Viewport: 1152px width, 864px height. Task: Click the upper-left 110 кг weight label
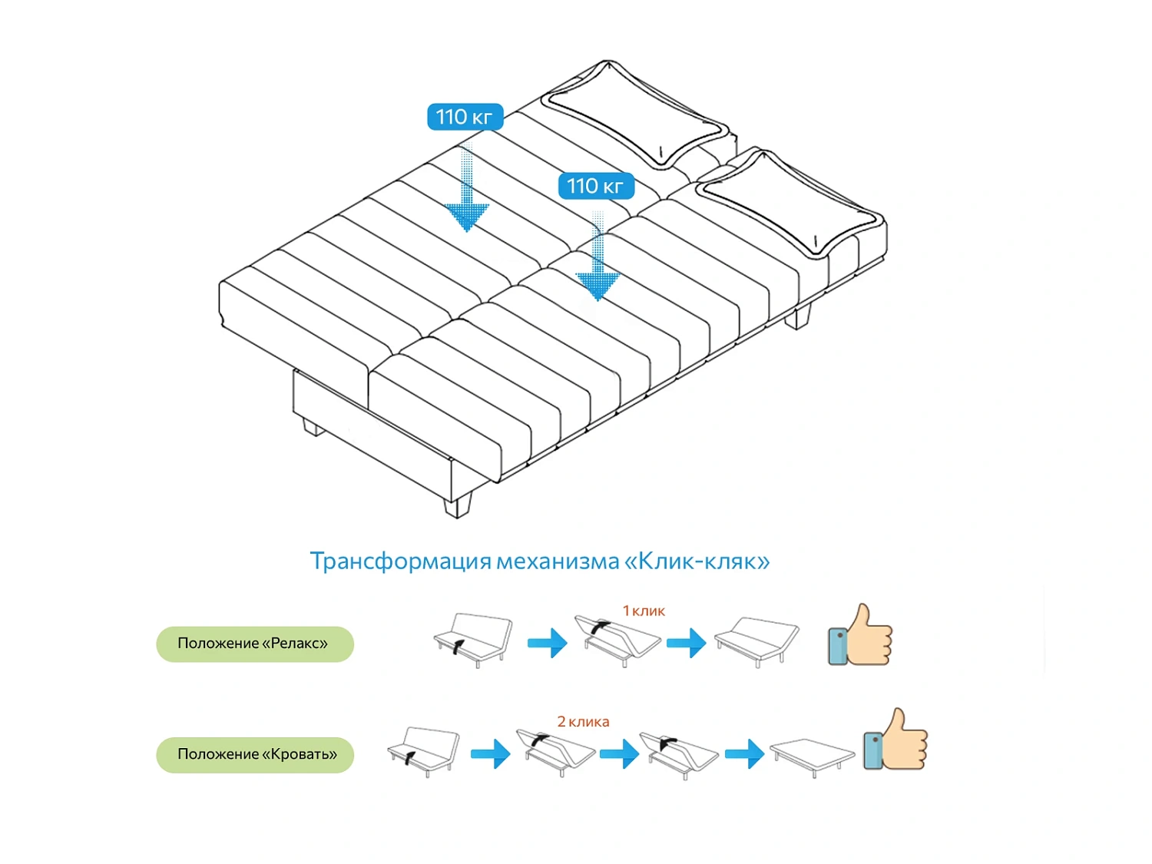(465, 117)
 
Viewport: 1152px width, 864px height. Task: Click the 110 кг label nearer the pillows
(596, 186)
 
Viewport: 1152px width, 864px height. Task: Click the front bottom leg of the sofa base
(458, 505)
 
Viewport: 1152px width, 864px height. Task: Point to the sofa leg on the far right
(799, 316)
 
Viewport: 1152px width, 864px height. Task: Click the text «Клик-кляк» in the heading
(697, 561)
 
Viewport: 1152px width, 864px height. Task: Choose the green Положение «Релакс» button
(255, 644)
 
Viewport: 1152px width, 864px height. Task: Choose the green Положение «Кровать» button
(255, 755)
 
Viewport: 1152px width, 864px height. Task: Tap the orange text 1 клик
(644, 611)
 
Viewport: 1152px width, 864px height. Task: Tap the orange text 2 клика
(583, 722)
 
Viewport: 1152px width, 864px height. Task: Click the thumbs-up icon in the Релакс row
(860, 636)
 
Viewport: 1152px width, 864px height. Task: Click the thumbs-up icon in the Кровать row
(895, 740)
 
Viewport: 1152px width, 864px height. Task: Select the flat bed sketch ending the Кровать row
(813, 756)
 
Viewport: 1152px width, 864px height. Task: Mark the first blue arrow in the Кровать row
(491, 753)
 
